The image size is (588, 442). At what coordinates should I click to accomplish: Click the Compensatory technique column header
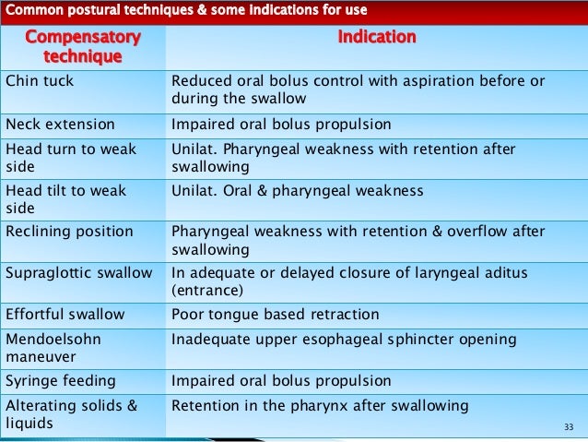(x=83, y=46)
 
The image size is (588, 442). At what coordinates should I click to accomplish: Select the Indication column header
(x=377, y=38)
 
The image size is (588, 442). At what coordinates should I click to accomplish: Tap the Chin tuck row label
(x=40, y=81)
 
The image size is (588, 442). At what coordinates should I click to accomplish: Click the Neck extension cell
(x=60, y=124)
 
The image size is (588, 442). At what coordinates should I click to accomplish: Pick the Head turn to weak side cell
(x=70, y=158)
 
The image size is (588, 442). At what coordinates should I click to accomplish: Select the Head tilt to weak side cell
(x=65, y=199)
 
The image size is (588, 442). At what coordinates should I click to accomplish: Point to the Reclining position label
(x=69, y=232)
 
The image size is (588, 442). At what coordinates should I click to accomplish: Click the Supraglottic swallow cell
(x=78, y=273)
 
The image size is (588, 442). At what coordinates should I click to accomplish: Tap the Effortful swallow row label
(x=65, y=315)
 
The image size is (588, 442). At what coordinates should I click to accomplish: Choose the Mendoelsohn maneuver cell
(x=53, y=348)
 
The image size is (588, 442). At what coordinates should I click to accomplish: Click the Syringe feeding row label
(x=60, y=381)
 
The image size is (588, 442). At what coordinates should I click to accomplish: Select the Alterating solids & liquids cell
(x=72, y=414)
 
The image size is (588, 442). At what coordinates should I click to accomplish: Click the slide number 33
(x=568, y=427)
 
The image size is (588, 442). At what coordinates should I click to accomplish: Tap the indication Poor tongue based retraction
(x=275, y=315)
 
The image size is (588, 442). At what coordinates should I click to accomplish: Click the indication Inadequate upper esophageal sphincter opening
(x=356, y=340)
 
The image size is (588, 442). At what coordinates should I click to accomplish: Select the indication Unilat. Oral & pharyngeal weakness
(x=297, y=191)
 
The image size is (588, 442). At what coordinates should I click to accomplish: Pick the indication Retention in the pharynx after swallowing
(x=320, y=406)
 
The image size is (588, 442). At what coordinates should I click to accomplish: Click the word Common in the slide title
(x=34, y=11)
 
